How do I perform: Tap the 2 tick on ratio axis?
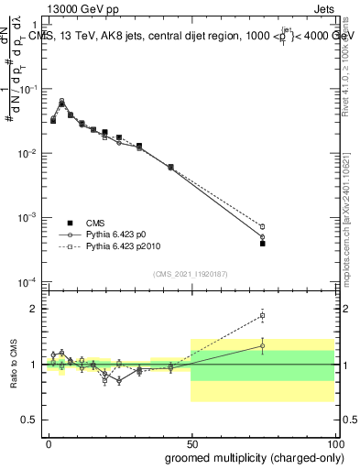coord(35,309)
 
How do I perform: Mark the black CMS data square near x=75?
coord(262,244)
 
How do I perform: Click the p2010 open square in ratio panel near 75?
coord(262,316)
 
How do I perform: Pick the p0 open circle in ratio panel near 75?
coord(262,345)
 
